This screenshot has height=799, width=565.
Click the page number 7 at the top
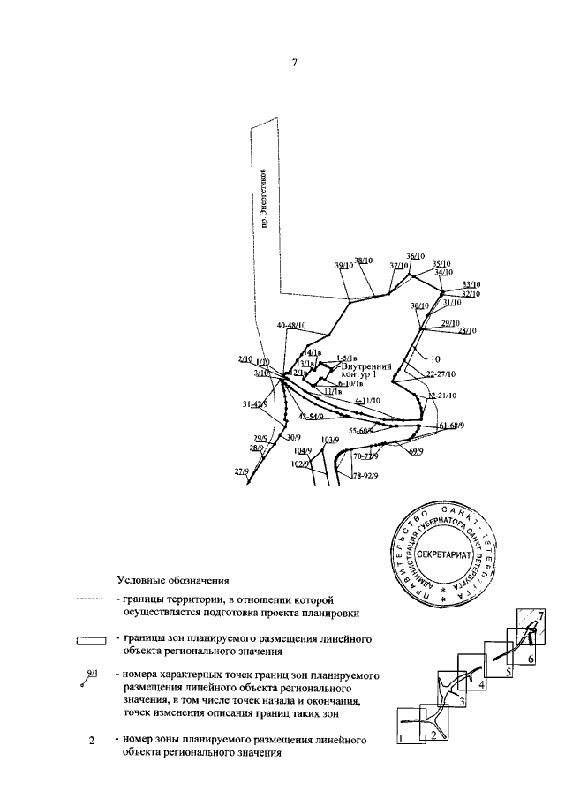coord(295,63)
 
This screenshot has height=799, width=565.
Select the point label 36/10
coord(415,257)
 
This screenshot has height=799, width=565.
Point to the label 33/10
coord(471,284)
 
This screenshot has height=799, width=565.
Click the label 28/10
coord(467,330)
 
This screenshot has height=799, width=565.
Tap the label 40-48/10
coord(291,326)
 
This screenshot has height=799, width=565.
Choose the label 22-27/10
coord(441,374)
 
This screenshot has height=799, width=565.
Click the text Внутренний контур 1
coord(358,370)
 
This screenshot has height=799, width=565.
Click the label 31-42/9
coord(254,404)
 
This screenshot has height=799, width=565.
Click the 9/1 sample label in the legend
coord(92,675)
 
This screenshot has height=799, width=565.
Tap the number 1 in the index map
coord(402,738)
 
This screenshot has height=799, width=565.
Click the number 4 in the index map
coord(481,683)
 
